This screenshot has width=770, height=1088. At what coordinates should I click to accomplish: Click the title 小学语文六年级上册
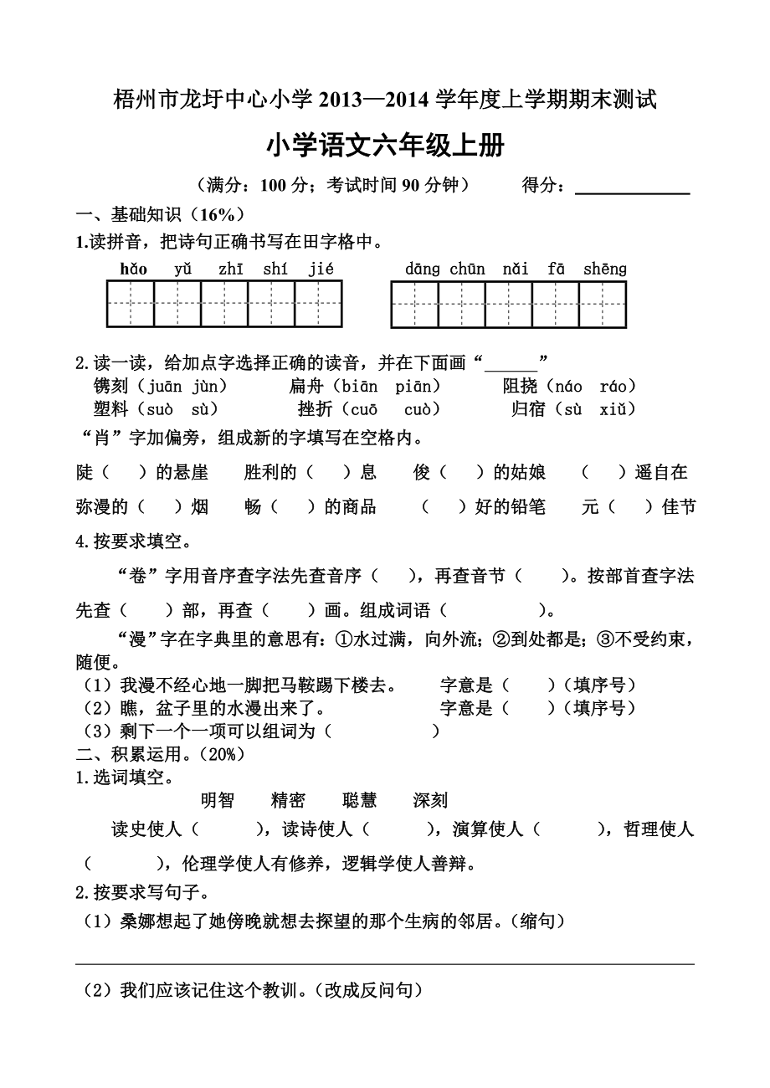point(385,146)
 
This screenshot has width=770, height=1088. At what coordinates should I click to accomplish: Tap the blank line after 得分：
point(633,187)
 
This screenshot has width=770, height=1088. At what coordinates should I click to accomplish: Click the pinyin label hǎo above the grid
point(133,269)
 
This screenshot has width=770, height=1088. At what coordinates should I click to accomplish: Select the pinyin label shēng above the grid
point(604,269)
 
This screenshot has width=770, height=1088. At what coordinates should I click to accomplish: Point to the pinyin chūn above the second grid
point(467,269)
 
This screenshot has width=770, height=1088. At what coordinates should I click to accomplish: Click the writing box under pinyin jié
point(319,304)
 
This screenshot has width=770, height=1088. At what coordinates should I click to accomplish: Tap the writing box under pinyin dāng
point(415,304)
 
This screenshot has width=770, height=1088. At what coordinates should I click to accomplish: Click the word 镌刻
point(110,386)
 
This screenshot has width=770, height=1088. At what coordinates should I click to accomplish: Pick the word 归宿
point(529,408)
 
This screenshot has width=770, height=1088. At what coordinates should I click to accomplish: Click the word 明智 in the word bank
point(218,800)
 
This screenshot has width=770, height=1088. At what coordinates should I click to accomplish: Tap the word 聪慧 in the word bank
point(360,800)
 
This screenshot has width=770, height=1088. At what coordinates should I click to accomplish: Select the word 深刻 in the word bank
point(430,800)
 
